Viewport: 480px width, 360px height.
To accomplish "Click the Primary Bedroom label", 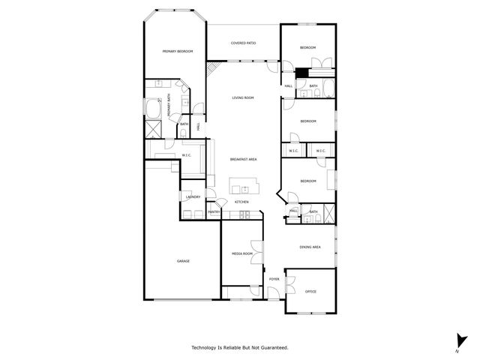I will click(x=178, y=51).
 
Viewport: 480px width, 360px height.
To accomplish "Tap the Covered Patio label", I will click(x=244, y=43).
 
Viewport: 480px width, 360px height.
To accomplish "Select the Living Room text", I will click(x=242, y=98).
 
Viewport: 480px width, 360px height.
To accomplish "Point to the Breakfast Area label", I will click(x=244, y=159).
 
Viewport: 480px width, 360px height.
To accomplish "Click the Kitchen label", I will click(x=241, y=202).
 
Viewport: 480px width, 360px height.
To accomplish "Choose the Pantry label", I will click(x=214, y=212).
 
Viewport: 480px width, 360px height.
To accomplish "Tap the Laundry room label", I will click(x=193, y=197).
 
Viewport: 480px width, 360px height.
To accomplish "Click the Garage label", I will click(x=183, y=261).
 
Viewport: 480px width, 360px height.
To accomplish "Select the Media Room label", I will click(x=241, y=254).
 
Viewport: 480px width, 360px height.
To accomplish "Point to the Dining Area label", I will click(x=310, y=247).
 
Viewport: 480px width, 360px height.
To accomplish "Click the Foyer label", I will click(x=274, y=279).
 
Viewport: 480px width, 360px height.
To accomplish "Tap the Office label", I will click(x=310, y=291).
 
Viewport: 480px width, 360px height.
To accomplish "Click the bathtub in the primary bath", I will click(x=154, y=109).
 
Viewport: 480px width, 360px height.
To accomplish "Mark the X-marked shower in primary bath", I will click(x=152, y=128).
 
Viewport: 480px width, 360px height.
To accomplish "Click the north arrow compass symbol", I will click(x=458, y=340).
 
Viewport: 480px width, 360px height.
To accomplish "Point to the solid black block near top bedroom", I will click(x=301, y=73).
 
